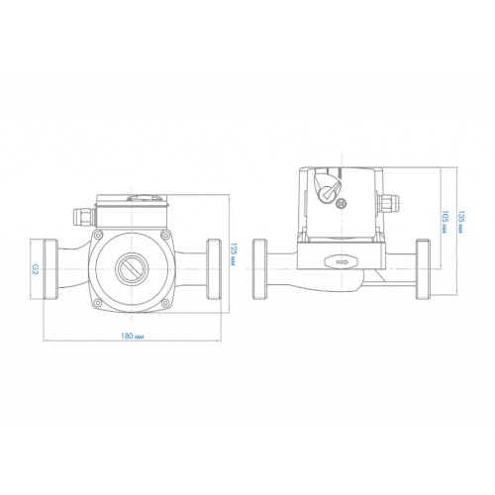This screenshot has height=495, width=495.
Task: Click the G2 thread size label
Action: coord(36,270)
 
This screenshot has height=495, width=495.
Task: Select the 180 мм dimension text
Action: coord(133,337)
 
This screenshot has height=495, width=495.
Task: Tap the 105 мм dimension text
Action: coord(444,223)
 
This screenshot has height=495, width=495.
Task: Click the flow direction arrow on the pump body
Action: coord(342,262)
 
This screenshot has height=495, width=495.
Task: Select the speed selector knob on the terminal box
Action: coord(327,187)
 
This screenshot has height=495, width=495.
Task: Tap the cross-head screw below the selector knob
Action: coord(341,205)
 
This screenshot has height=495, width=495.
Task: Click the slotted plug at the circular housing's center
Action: coord(132,269)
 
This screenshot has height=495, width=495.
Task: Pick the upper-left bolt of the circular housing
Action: coord(97,235)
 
